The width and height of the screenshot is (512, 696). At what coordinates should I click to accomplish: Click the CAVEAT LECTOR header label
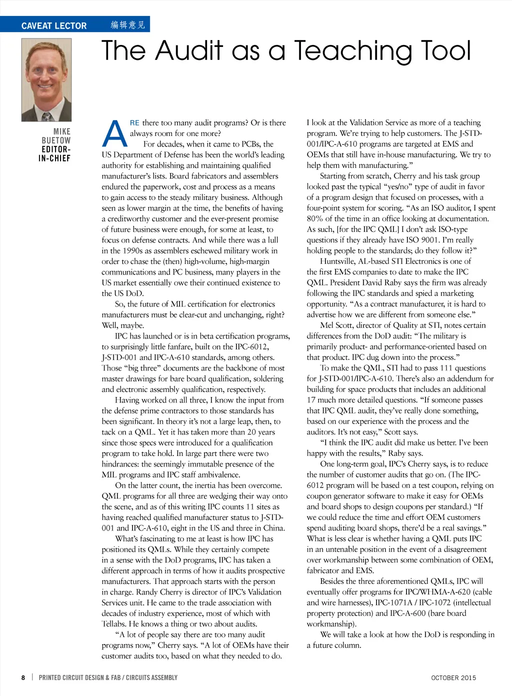[54, 25]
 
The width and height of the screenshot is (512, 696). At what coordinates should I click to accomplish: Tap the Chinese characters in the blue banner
[127, 25]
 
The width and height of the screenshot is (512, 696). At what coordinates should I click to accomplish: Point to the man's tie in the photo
[46, 116]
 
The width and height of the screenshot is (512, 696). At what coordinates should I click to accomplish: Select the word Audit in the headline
[189, 50]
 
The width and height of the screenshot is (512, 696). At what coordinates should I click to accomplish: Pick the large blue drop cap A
[114, 133]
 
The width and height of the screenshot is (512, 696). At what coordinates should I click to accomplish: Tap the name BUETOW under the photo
[56, 140]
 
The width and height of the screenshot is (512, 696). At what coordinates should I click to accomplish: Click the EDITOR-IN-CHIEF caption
[55, 153]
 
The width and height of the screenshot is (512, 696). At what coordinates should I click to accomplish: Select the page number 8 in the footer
[23, 677]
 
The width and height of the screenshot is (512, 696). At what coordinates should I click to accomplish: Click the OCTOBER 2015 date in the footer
[453, 678]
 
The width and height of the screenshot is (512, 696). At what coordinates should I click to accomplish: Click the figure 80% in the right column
[315, 218]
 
